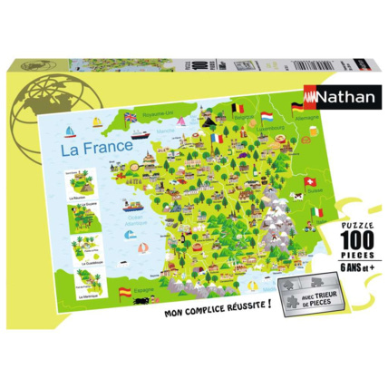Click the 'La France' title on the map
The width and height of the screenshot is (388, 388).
(x=94, y=145)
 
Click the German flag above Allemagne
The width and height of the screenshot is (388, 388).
(x=298, y=108)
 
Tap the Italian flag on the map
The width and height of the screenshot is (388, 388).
(x=316, y=212)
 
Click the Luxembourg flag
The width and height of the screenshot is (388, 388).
(x=269, y=117)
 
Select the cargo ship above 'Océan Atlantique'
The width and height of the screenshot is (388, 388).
(x=133, y=203)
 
